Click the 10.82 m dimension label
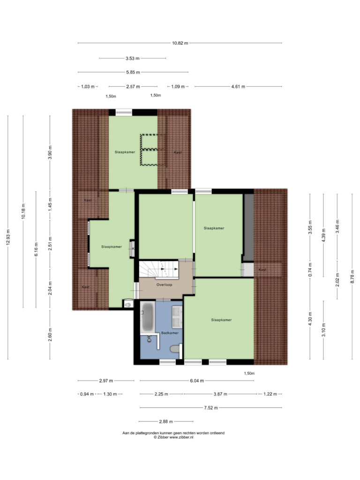click(x=180, y=43)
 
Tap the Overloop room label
click(x=165, y=285)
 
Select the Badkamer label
click(x=170, y=333)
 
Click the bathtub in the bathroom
click(x=148, y=317)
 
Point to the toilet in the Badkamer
click(x=175, y=349)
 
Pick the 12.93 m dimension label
click(x=8, y=237)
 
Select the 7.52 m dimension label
click(x=211, y=408)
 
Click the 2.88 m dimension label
click(x=166, y=421)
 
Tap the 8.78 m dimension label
click(x=352, y=277)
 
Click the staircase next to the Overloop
click(x=159, y=269)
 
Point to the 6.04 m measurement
click(x=197, y=381)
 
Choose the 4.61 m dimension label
click(x=238, y=87)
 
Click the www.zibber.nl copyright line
click(x=173, y=437)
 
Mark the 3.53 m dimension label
click(x=133, y=58)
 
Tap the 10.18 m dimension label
click(x=23, y=211)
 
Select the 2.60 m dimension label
click(x=50, y=335)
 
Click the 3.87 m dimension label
click(x=220, y=394)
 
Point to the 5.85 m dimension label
click(x=133, y=72)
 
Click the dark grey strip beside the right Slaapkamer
click(x=248, y=227)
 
